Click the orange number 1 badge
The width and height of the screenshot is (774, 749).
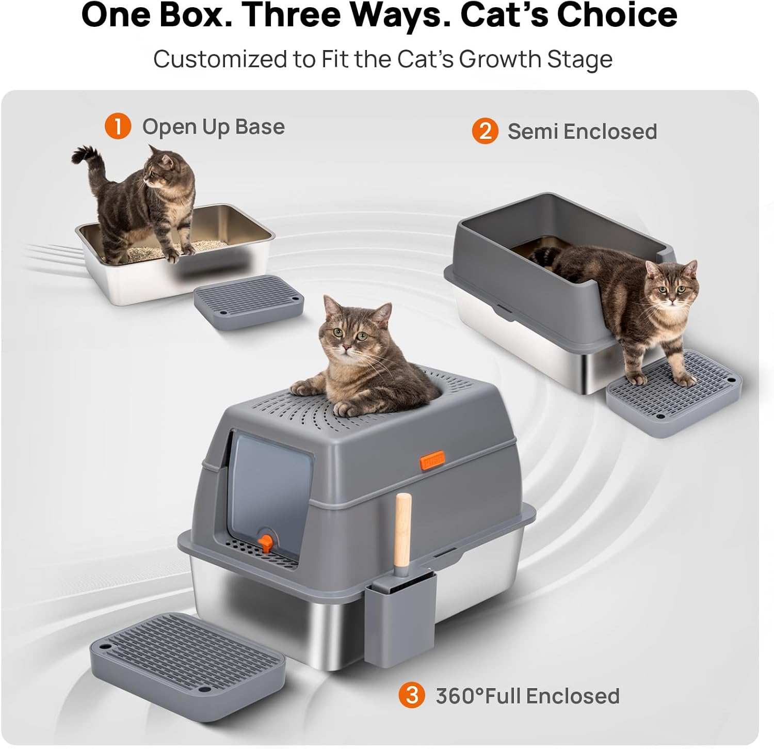pos(118,126)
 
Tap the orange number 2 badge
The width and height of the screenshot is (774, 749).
pos(485,131)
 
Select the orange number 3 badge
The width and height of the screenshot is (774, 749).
pos(411,695)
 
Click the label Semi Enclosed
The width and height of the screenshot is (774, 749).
pos(582,132)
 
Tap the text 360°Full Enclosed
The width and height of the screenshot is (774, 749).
pos(527,696)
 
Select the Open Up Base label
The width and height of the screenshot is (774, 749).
pos(213,127)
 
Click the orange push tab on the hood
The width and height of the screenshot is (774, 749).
pos(432,459)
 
